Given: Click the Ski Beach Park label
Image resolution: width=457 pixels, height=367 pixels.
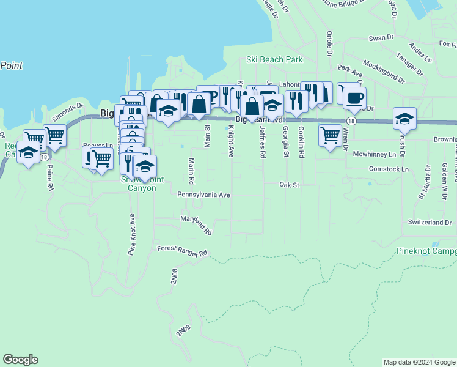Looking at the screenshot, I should (274, 60).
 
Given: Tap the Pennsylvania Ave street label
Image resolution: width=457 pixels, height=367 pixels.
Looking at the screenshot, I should (203, 195).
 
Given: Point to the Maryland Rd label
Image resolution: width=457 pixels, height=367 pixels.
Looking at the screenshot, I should (196, 225).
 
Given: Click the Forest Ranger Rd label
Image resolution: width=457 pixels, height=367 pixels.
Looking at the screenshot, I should (182, 251).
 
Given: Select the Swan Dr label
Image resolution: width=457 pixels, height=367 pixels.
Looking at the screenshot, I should (381, 38).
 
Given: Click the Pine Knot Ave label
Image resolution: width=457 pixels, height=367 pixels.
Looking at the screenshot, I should (131, 234).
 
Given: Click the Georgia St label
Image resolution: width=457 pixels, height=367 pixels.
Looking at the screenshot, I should (285, 142).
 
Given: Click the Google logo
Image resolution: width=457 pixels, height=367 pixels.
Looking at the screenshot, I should (20, 360).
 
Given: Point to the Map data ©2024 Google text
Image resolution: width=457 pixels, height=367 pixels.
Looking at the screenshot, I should (419, 362).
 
